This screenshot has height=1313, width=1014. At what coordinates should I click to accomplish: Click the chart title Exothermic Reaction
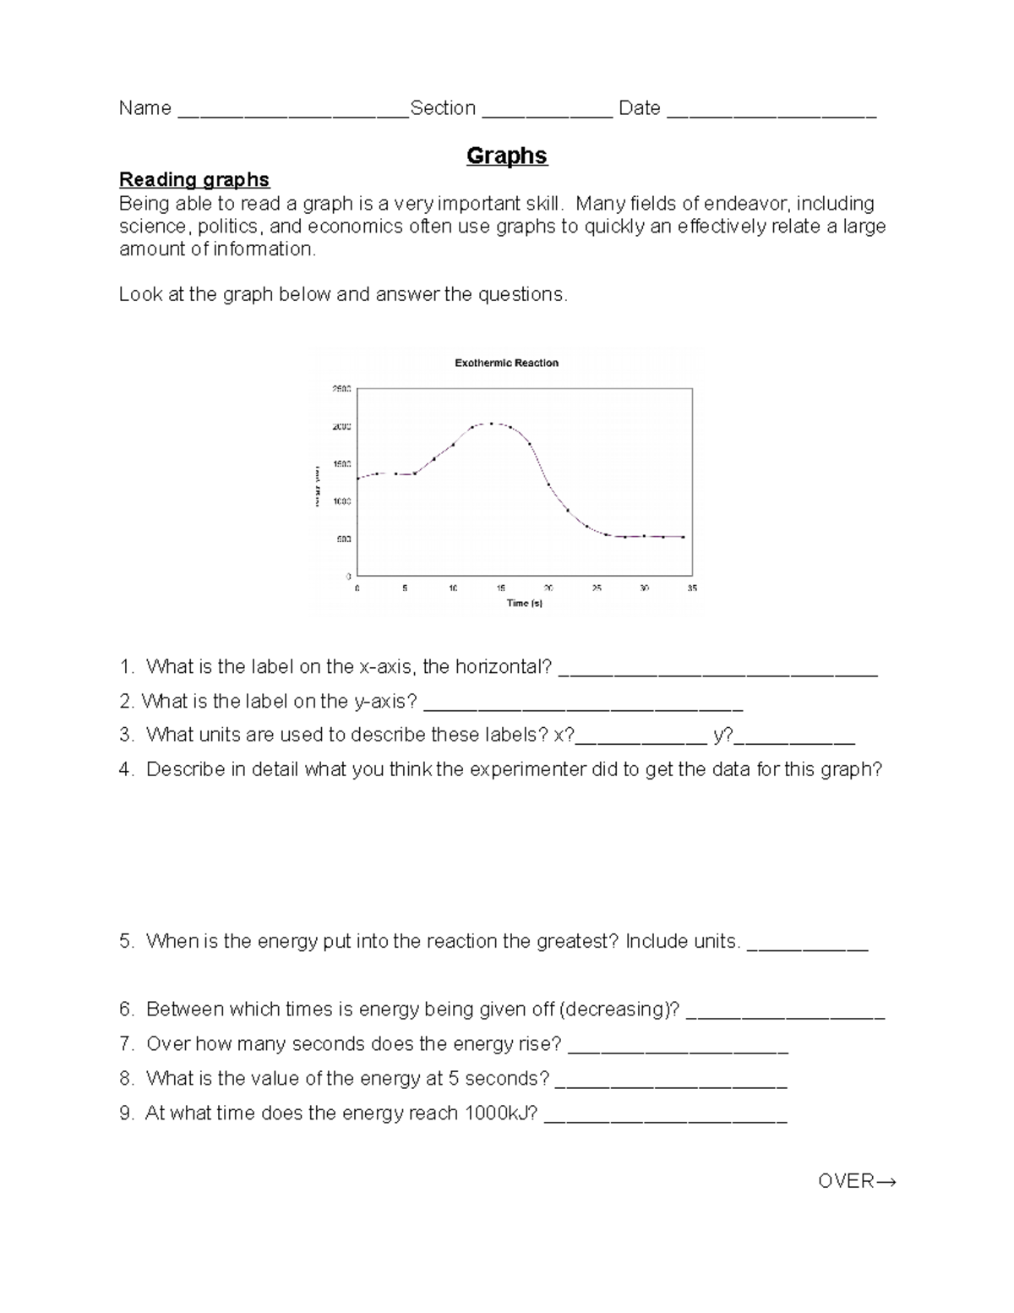(x=506, y=363)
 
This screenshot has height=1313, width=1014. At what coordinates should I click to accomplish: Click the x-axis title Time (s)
(x=524, y=603)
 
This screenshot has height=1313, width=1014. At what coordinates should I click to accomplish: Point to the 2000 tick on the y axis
(x=341, y=427)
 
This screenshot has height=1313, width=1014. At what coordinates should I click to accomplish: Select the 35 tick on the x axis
(x=692, y=588)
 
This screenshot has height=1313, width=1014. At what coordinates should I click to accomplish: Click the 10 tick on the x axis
(x=453, y=588)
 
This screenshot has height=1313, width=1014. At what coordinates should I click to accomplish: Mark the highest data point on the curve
(x=491, y=424)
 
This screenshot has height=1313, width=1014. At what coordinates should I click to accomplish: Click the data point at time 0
(x=358, y=479)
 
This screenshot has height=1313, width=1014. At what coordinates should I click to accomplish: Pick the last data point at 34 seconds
(x=683, y=537)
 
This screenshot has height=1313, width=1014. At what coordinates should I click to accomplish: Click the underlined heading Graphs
(x=506, y=156)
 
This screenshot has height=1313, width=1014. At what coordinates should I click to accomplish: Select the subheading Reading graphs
(x=194, y=179)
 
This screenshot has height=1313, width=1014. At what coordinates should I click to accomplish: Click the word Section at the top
(x=443, y=108)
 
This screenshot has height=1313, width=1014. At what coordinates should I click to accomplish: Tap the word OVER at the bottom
(x=846, y=1181)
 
